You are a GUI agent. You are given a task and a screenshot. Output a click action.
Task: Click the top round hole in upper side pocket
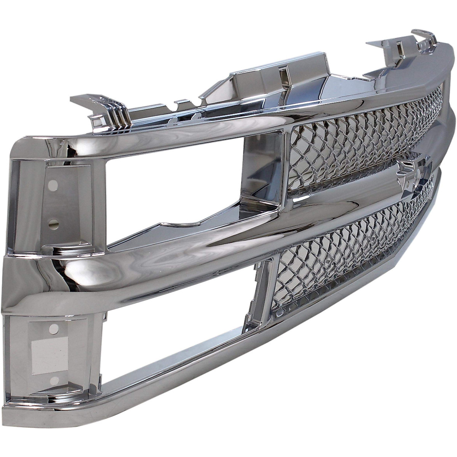[x=54, y=185]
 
